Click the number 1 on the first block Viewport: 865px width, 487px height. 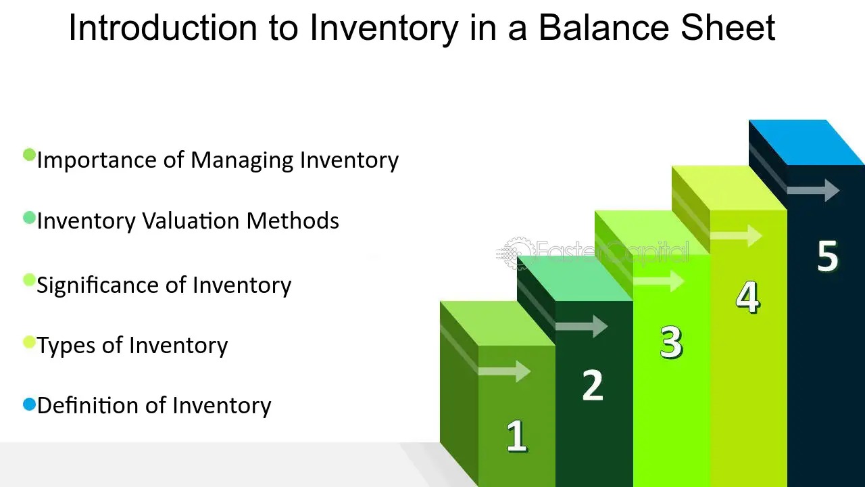pyautogui.click(x=517, y=436)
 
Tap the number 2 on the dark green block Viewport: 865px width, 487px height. pyautogui.click(x=592, y=386)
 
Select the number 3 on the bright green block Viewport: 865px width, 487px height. pyautogui.click(x=670, y=342)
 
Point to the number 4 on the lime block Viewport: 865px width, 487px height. pyautogui.click(x=747, y=297)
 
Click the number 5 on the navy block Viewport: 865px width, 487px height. pyautogui.click(x=827, y=256)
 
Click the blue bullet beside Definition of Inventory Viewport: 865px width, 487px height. pyautogui.click(x=29, y=404)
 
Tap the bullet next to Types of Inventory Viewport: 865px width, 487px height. pyautogui.click(x=29, y=342)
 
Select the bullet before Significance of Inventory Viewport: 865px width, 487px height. pyautogui.click(x=29, y=280)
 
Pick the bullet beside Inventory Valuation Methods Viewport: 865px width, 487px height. pyautogui.click(x=29, y=218)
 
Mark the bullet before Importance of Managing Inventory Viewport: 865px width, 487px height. pyautogui.click(x=29, y=156)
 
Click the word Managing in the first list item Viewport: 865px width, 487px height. pyautogui.click(x=241, y=160)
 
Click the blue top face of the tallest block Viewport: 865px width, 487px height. pyautogui.click(x=807, y=142)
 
